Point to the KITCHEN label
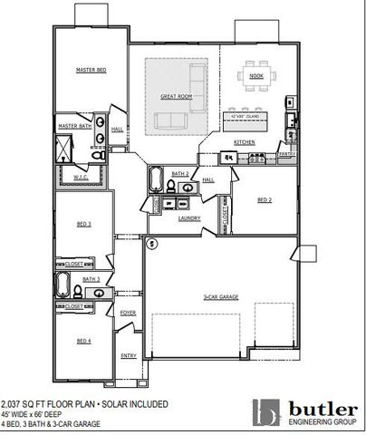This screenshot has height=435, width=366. tap(246, 143)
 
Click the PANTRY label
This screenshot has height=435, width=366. tap(286, 154)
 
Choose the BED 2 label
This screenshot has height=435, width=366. tap(265, 199)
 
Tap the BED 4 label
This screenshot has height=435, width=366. tap(83, 341)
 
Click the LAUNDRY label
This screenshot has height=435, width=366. tap(188, 218)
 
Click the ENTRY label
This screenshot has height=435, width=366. tap(128, 355)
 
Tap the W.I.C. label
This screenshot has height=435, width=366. tap(80, 178)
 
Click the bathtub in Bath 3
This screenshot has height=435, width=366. tap(63, 288)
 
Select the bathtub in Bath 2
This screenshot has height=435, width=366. tap(155, 179)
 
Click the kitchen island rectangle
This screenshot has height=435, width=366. tap(250, 117)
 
